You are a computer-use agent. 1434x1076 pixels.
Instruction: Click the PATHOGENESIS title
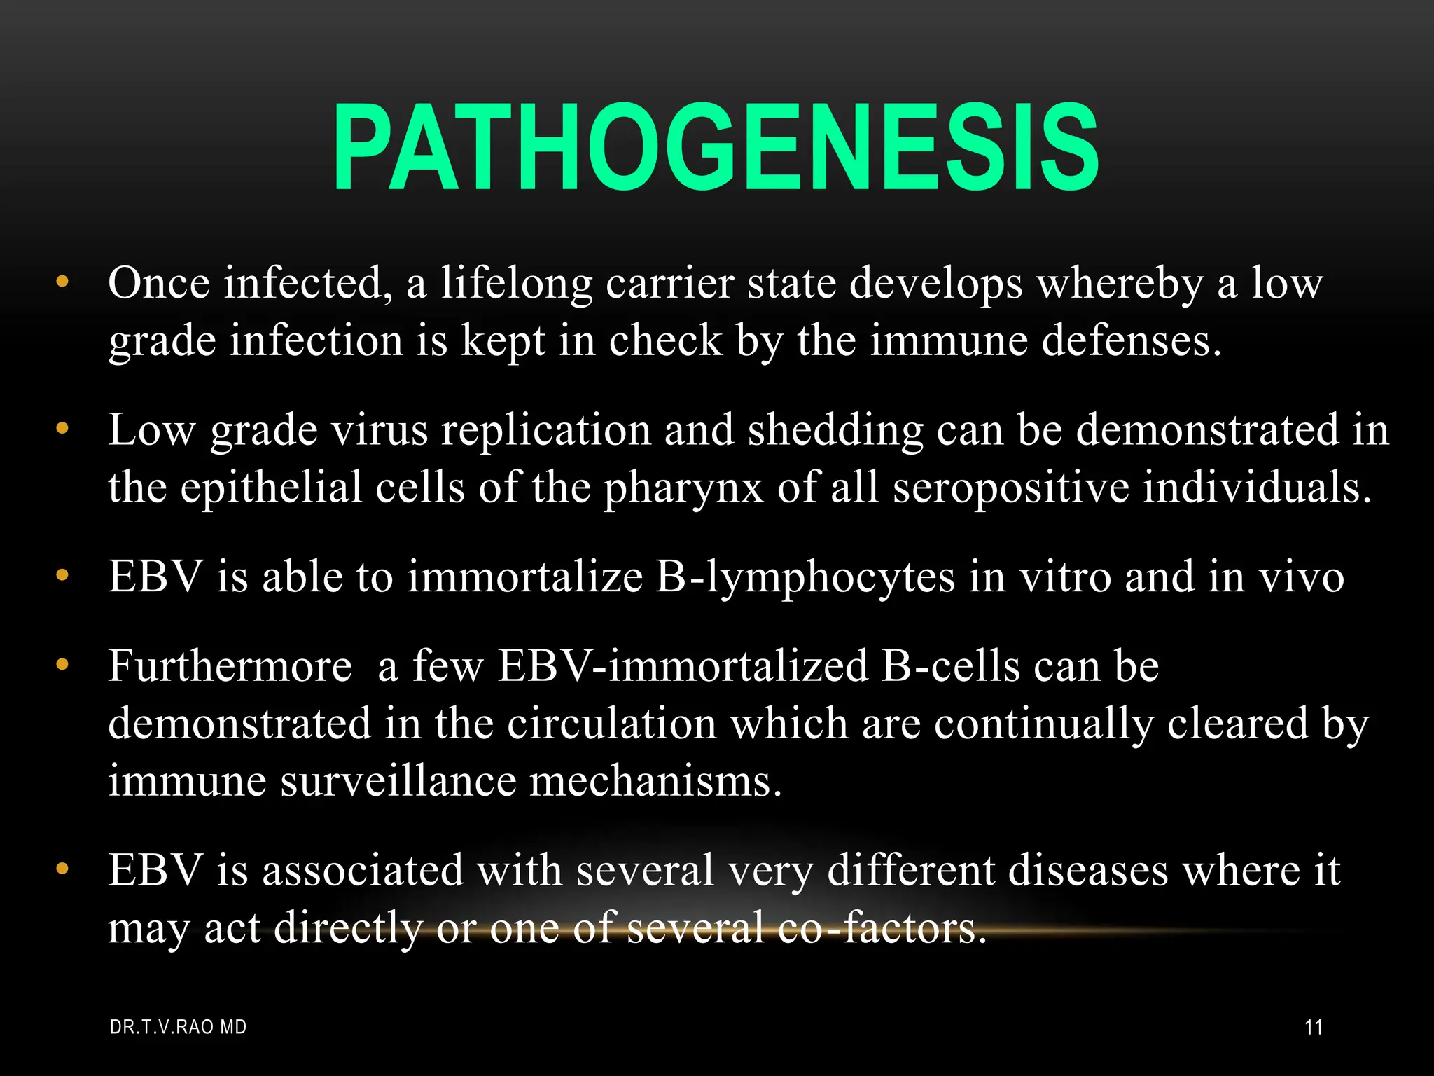pyautogui.click(x=716, y=149)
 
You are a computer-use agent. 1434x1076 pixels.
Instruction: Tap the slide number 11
pyautogui.click(x=1314, y=1028)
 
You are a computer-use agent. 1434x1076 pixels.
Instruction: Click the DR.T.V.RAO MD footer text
pyautogui.click(x=179, y=1028)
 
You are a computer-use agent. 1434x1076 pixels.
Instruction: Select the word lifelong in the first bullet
pyautogui.click(x=516, y=284)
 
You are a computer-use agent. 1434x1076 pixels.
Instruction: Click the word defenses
pyautogui.click(x=1130, y=342)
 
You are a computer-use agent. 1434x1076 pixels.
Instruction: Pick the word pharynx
pyautogui.click(x=683, y=489)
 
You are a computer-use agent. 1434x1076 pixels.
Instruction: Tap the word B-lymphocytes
pyautogui.click(x=805, y=579)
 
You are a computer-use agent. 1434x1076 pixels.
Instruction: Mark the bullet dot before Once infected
pyautogui.click(x=63, y=283)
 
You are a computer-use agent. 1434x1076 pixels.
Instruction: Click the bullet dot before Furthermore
pyautogui.click(x=63, y=664)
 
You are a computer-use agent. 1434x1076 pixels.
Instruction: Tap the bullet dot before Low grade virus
pyautogui.click(x=63, y=429)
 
